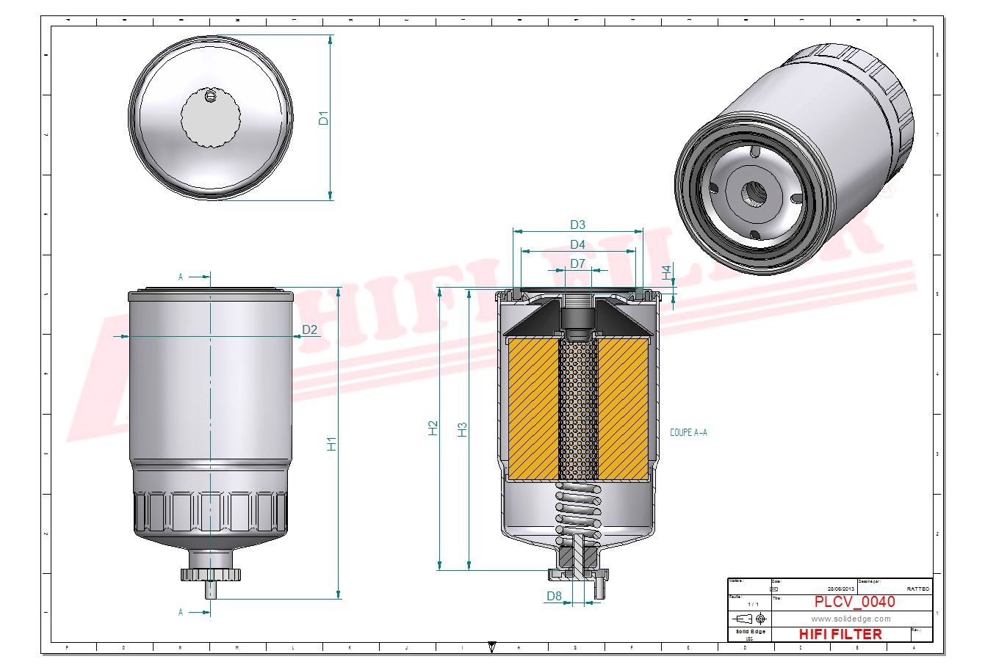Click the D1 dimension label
coord(324,117)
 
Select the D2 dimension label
coord(310,329)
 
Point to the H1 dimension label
coord(332,443)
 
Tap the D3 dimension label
coord(577,225)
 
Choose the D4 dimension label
coord(577,244)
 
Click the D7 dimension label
coord(577,263)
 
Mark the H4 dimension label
coord(666,272)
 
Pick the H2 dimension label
coord(433,429)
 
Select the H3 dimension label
coord(462,429)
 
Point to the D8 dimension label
coord(554,597)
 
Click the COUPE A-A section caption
coord(688,433)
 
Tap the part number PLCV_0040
coord(854,602)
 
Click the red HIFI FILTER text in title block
coord(840,634)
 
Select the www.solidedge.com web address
coord(851,619)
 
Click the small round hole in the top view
coord(211,96)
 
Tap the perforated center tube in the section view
coord(578,411)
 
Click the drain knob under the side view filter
coord(211,574)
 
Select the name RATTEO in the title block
coord(917,589)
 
